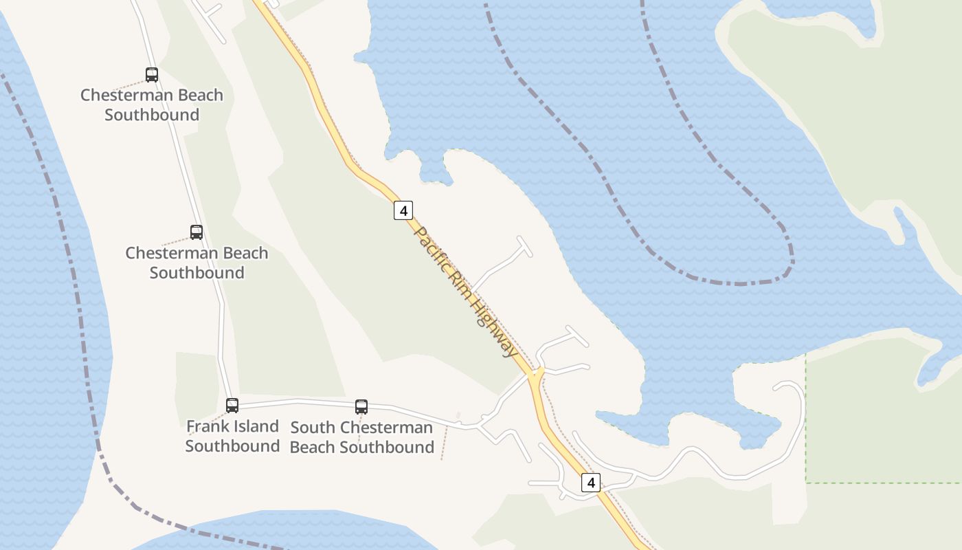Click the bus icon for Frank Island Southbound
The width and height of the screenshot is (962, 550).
click(232, 406)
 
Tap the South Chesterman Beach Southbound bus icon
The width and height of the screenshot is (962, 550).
click(361, 407)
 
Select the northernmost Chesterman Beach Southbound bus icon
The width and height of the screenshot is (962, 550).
click(152, 75)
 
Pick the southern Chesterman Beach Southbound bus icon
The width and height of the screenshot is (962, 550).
click(197, 232)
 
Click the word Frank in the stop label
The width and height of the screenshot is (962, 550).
click(205, 426)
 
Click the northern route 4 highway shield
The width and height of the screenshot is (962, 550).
click(403, 210)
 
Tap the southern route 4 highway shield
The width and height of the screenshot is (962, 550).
click(591, 483)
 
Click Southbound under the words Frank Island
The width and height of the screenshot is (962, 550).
click(232, 446)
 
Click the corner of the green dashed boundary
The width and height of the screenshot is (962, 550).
click(805, 483)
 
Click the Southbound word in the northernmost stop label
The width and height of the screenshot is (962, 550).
click(152, 115)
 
